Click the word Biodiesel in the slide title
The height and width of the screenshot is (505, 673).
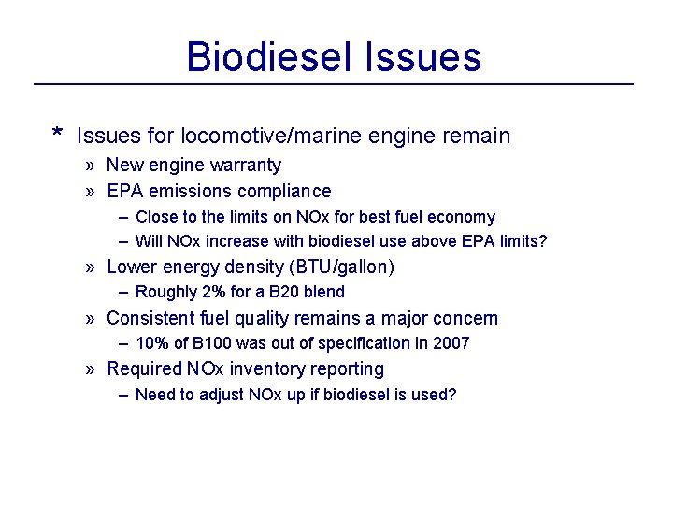(265, 57)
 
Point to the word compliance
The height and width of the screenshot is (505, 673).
(284, 192)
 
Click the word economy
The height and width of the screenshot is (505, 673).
(463, 217)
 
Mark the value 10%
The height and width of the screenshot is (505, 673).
(153, 343)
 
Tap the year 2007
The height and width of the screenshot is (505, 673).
(451, 343)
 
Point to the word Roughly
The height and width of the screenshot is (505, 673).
(165, 292)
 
